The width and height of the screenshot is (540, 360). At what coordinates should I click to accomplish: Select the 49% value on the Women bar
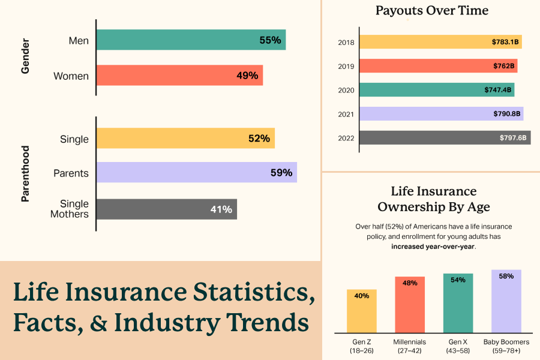point(247,76)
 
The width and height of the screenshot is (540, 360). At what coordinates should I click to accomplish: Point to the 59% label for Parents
point(281,173)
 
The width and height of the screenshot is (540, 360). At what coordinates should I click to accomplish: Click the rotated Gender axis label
point(25,58)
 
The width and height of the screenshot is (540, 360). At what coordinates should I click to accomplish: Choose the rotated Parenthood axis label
point(25,173)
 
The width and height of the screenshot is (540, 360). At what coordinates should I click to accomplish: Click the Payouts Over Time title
point(432,10)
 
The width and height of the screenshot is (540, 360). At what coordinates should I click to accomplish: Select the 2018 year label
point(346,43)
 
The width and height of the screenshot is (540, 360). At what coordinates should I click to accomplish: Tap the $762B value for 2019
point(503,66)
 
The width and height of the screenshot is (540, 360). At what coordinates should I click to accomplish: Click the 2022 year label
point(346,139)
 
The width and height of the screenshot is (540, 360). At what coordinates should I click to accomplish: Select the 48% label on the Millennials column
point(410,283)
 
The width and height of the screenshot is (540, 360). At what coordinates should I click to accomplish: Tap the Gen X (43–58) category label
point(458,346)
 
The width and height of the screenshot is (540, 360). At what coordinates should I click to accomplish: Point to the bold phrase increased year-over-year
point(433,246)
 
